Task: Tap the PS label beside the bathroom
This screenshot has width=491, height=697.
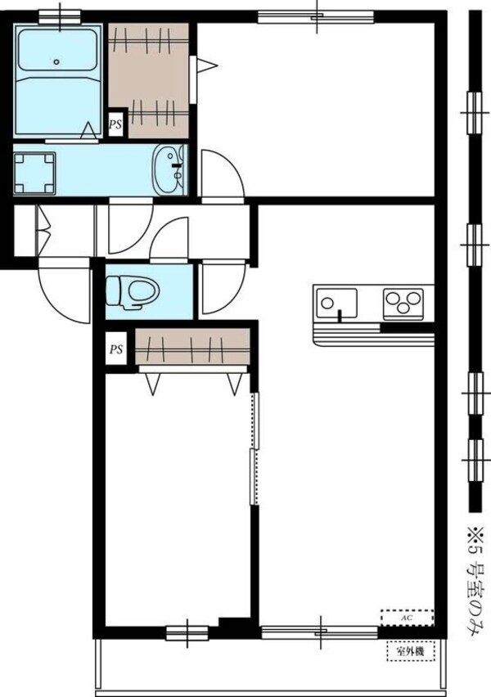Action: (116, 126)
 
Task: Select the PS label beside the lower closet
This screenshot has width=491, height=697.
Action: (117, 350)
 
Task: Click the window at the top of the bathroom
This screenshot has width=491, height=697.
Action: (59, 14)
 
